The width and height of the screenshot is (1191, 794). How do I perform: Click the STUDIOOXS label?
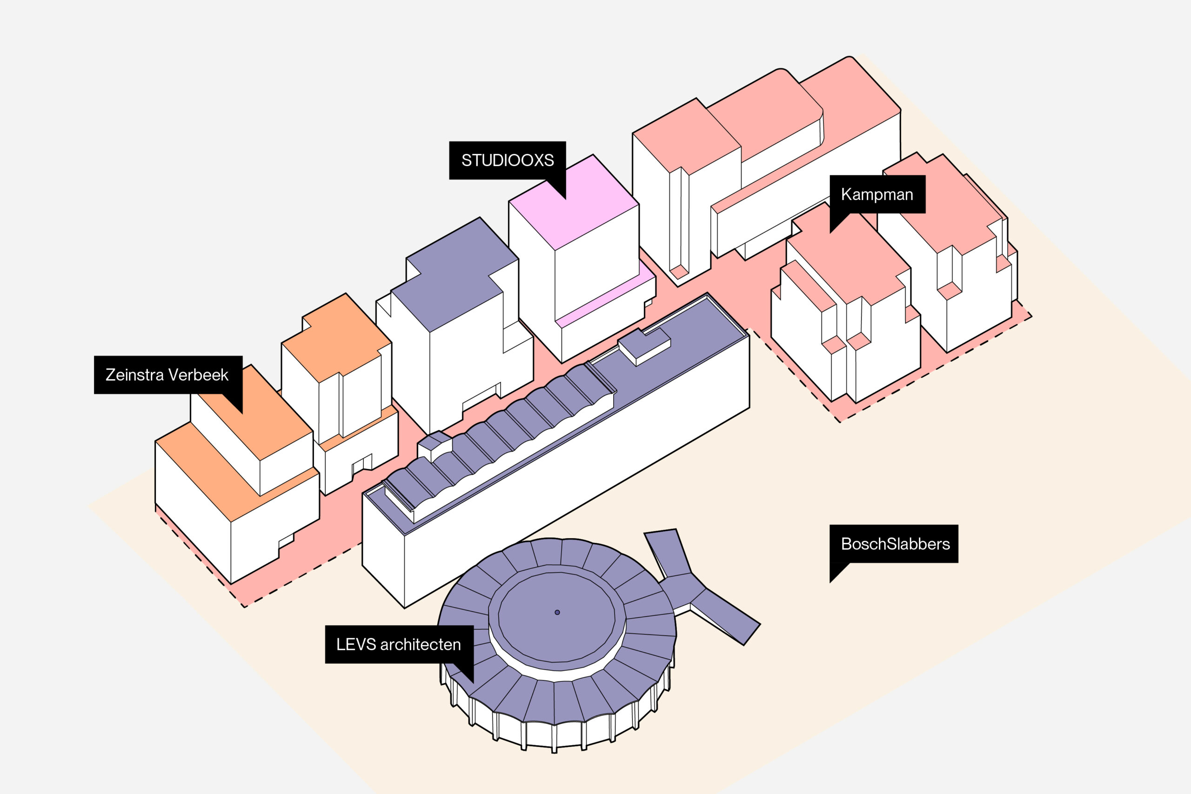[x=507, y=160]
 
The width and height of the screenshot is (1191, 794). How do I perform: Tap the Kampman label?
[x=877, y=194]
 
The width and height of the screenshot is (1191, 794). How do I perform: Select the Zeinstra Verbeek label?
[x=167, y=375]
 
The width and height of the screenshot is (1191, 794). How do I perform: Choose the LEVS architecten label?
[x=399, y=644]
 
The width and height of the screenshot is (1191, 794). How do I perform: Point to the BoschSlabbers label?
[x=894, y=544]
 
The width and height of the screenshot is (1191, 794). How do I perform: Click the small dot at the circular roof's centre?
[x=557, y=612]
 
